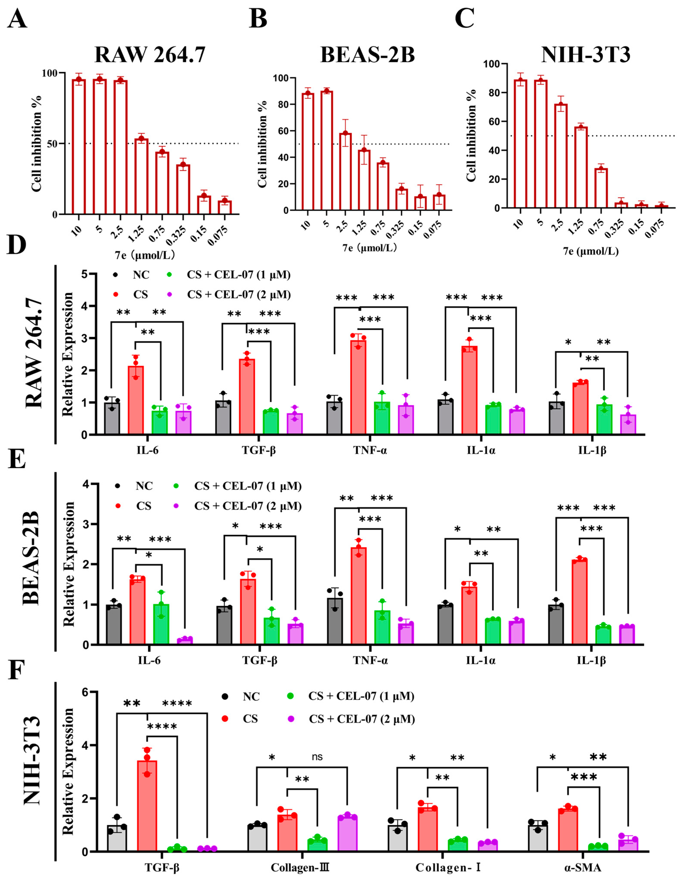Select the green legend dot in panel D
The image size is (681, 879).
[169, 275]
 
